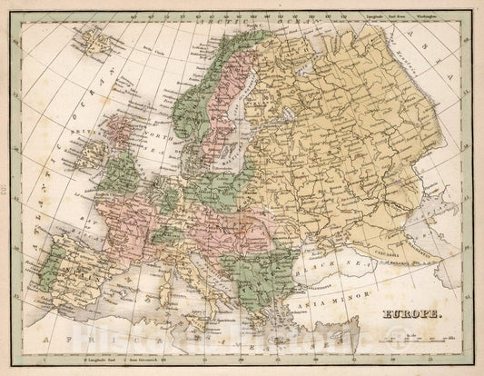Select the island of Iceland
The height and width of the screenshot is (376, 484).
click(94, 39)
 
